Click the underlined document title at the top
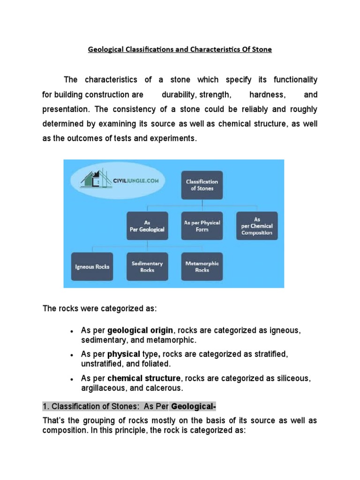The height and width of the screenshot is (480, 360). point(180,49)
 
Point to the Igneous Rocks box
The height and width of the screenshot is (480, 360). point(92,266)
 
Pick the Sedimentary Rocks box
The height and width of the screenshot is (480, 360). point(147,266)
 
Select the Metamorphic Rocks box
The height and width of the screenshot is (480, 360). point(202,266)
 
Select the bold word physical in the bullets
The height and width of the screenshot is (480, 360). point(123,354)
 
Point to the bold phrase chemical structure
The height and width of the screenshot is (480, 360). point(144,378)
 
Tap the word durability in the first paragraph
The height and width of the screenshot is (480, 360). point(179,95)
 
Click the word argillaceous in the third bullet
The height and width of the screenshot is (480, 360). point(102,388)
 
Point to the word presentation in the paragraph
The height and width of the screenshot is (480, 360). point(65,109)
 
